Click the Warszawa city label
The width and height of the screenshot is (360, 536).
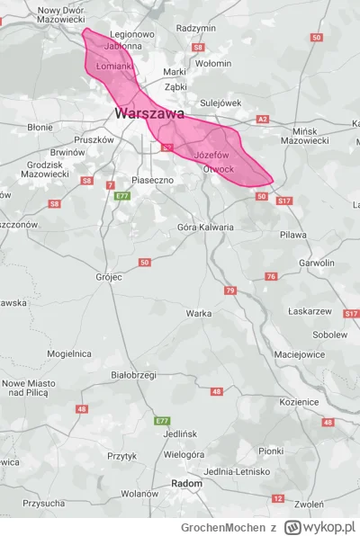tap(149, 114)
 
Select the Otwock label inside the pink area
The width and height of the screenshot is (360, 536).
tap(219, 169)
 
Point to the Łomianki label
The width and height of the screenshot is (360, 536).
tap(114, 66)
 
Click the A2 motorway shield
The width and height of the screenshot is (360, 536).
tap(263, 119)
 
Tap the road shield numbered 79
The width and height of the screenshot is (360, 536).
tap(229, 290)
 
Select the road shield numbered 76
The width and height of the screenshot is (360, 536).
tap(271, 276)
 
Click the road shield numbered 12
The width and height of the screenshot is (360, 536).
tap(278, 498)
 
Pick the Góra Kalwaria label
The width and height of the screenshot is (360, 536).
tap(205, 227)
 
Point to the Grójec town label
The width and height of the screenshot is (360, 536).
tap(108, 277)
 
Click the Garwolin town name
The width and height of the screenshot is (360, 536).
tap(316, 263)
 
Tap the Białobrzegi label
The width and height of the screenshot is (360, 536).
tap(133, 373)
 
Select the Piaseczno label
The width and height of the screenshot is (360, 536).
tap(152, 180)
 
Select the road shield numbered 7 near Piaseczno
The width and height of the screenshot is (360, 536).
tap(110, 185)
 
